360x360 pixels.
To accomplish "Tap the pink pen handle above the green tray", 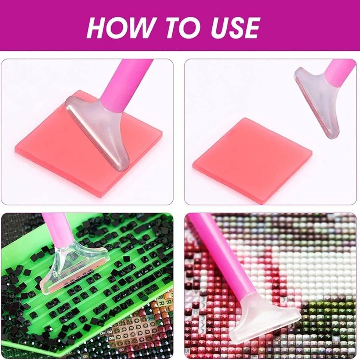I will coord(54,227).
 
